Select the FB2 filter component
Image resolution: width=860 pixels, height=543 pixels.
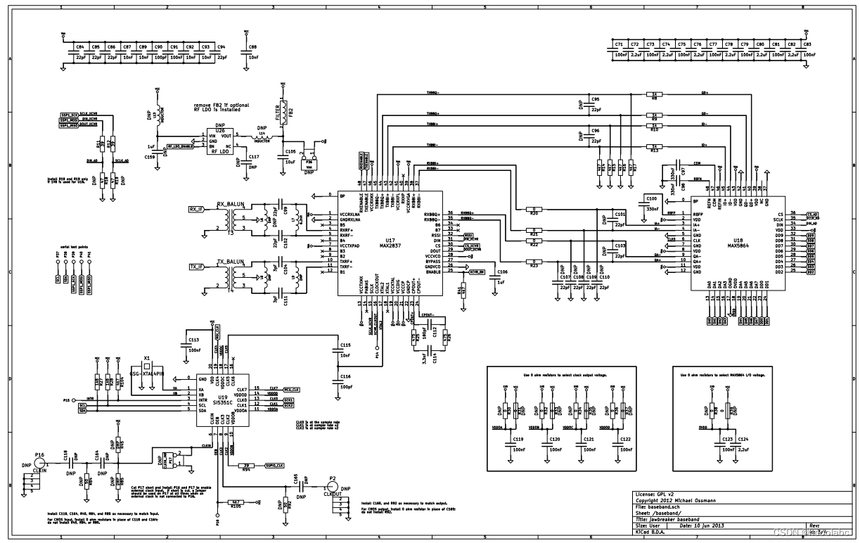click(x=285, y=115)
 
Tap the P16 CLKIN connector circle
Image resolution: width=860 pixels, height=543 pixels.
click(x=40, y=465)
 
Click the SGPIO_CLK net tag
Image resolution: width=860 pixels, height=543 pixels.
click(x=274, y=466)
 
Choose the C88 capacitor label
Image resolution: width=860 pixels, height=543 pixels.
click(x=252, y=46)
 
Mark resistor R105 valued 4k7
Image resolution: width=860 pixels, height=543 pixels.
click(x=236, y=504)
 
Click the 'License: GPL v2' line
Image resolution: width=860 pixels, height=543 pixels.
click(x=655, y=494)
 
